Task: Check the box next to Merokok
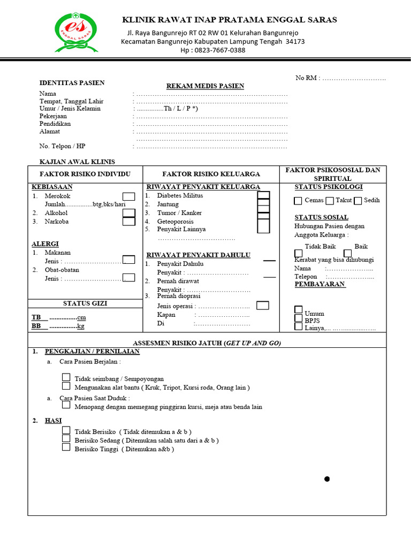click(x=128, y=196)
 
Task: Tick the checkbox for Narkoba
click(x=128, y=221)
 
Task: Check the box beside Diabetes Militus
click(x=263, y=196)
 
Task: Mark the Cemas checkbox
click(x=298, y=201)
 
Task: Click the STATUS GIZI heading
click(x=85, y=303)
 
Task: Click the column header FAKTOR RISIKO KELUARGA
click(x=211, y=174)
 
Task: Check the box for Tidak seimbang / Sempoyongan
click(x=66, y=377)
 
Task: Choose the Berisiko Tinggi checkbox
click(x=66, y=447)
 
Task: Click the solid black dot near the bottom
click(x=327, y=479)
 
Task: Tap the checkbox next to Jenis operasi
click(x=262, y=306)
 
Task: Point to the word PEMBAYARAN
click(x=320, y=284)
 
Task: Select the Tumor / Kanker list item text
click(x=179, y=212)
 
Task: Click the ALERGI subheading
click(x=45, y=243)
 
